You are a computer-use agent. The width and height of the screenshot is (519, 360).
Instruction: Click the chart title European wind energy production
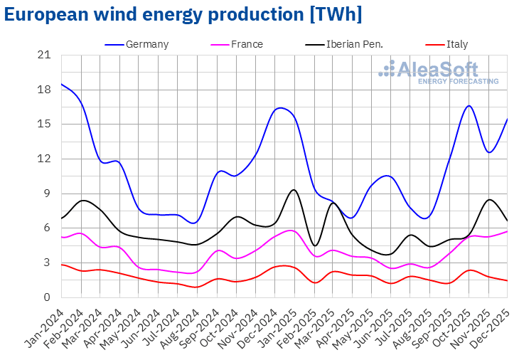tap(183, 14)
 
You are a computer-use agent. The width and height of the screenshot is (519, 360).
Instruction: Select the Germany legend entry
tap(146, 44)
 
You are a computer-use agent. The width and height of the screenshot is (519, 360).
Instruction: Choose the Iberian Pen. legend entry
tap(353, 44)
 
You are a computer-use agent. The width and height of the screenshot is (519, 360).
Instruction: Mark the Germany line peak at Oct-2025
tap(469, 106)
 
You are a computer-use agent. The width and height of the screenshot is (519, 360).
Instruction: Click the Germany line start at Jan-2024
tap(62, 84)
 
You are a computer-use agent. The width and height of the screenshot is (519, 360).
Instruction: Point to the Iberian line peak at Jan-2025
tap(294, 189)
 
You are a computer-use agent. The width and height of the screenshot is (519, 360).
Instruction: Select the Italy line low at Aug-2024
tap(198, 287)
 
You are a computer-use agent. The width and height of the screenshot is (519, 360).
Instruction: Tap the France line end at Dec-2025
tap(507, 231)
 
